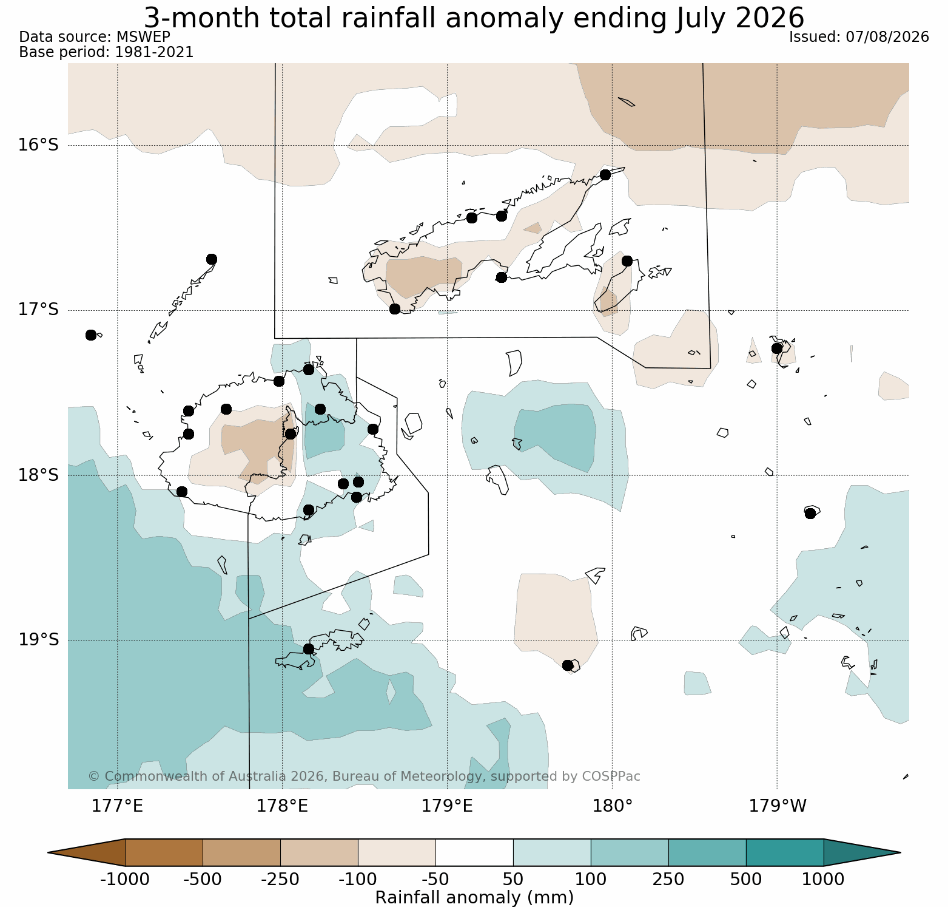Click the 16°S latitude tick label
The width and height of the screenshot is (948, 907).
pyautogui.click(x=38, y=145)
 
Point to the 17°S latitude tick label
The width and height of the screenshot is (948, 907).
pyautogui.click(x=38, y=310)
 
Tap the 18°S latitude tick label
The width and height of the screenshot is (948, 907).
pyautogui.click(x=38, y=475)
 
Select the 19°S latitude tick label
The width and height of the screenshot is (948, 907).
pyautogui.click(x=38, y=640)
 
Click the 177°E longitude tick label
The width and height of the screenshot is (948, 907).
pyautogui.click(x=117, y=806)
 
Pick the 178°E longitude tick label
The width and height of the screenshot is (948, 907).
pyautogui.click(x=282, y=806)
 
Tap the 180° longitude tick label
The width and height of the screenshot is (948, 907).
pyautogui.click(x=612, y=806)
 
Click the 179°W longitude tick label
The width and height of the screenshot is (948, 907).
pyautogui.click(x=778, y=806)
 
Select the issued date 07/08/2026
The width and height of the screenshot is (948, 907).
pyautogui.click(x=887, y=37)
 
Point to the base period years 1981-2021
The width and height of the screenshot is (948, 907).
pyautogui.click(x=154, y=52)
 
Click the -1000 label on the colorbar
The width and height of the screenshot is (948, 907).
pyautogui.click(x=125, y=879)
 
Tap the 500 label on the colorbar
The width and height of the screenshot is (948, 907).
pyautogui.click(x=746, y=879)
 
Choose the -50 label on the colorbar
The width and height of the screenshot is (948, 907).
pyautogui.click(x=435, y=879)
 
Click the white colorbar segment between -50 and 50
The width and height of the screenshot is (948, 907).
pyautogui.click(x=474, y=852)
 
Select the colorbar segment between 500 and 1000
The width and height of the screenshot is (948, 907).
pyautogui.click(x=785, y=852)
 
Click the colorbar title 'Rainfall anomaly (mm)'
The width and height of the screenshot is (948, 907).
pyautogui.click(x=474, y=897)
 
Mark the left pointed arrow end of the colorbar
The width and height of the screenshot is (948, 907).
pyautogui.click(x=49, y=852)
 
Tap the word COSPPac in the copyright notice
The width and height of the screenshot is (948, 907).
pyautogui.click(x=611, y=776)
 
